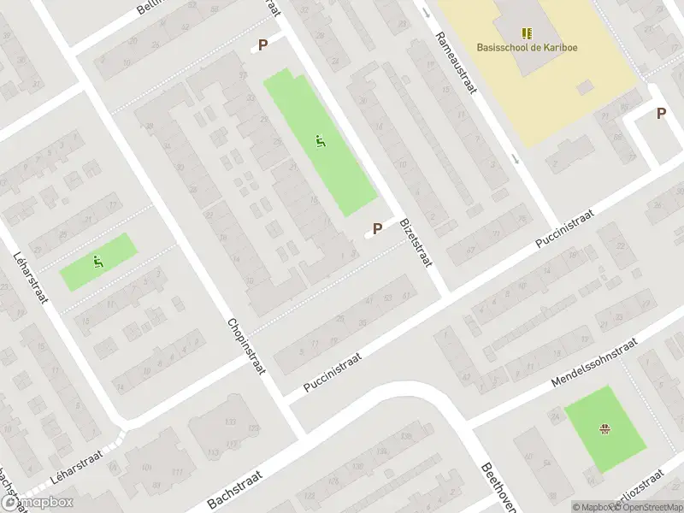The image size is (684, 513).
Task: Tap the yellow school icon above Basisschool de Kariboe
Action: click(x=527, y=33)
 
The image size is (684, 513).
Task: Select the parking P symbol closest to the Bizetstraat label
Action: click(x=377, y=229)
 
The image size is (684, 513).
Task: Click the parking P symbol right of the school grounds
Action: click(x=661, y=113)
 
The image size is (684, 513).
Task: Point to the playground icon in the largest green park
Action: click(x=320, y=142)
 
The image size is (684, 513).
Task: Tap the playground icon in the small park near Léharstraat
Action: click(x=97, y=262)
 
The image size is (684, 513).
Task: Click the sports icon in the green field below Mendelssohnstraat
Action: click(x=605, y=428)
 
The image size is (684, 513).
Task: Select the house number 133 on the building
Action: click(x=230, y=422)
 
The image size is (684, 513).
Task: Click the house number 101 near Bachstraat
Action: click(x=146, y=467)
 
